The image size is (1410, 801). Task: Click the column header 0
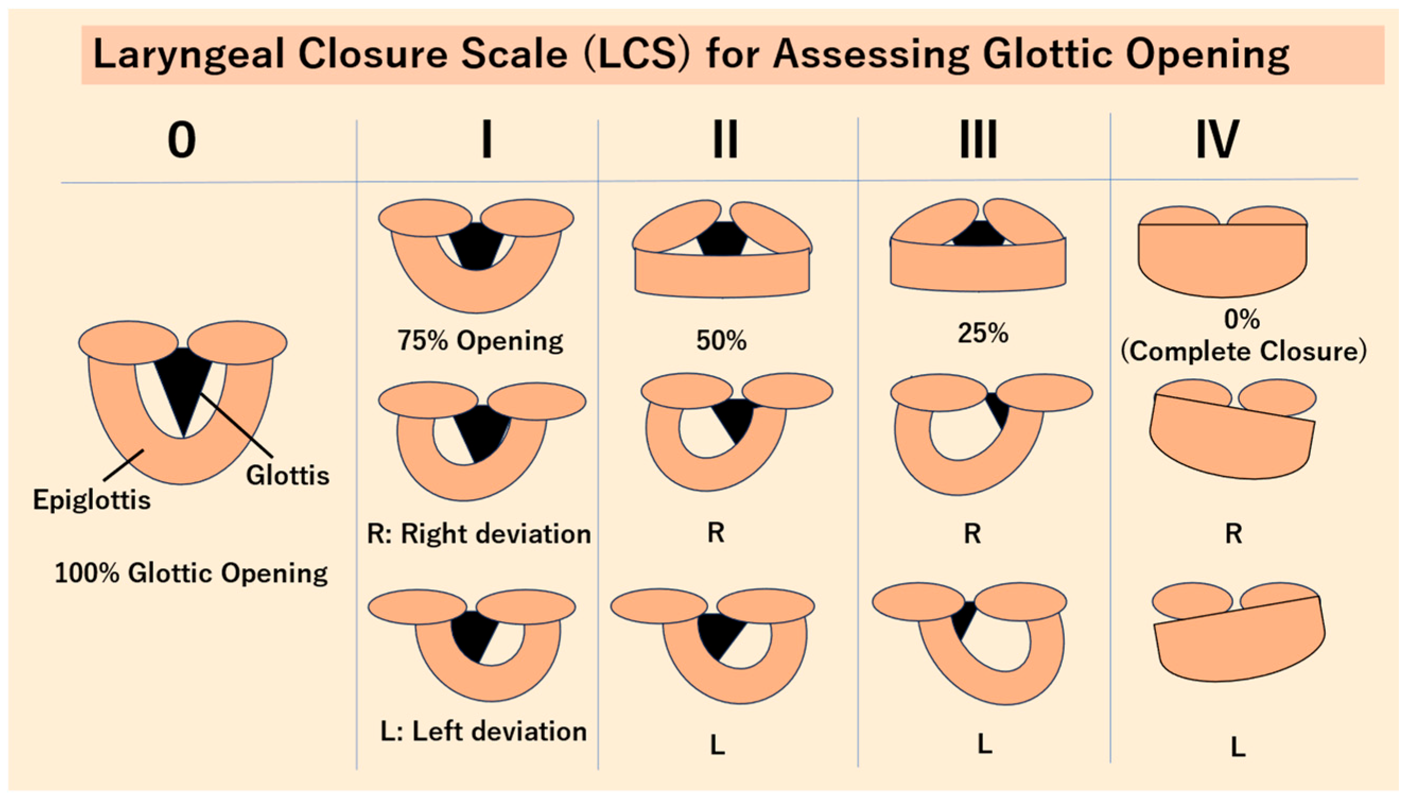point(181,140)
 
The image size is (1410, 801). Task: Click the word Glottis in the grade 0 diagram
point(287,475)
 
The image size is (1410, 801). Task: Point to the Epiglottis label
point(91,500)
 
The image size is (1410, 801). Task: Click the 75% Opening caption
point(480,341)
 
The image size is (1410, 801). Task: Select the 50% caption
point(721,341)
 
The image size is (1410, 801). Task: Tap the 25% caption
point(983,333)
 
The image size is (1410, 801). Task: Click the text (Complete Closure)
point(1243,352)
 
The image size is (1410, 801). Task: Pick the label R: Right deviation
point(478,534)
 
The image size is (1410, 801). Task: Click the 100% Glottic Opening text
point(191,573)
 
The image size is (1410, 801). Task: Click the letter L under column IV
point(1237,747)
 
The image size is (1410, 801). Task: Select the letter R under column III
point(973,534)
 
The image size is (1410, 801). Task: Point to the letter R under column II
point(715,533)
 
